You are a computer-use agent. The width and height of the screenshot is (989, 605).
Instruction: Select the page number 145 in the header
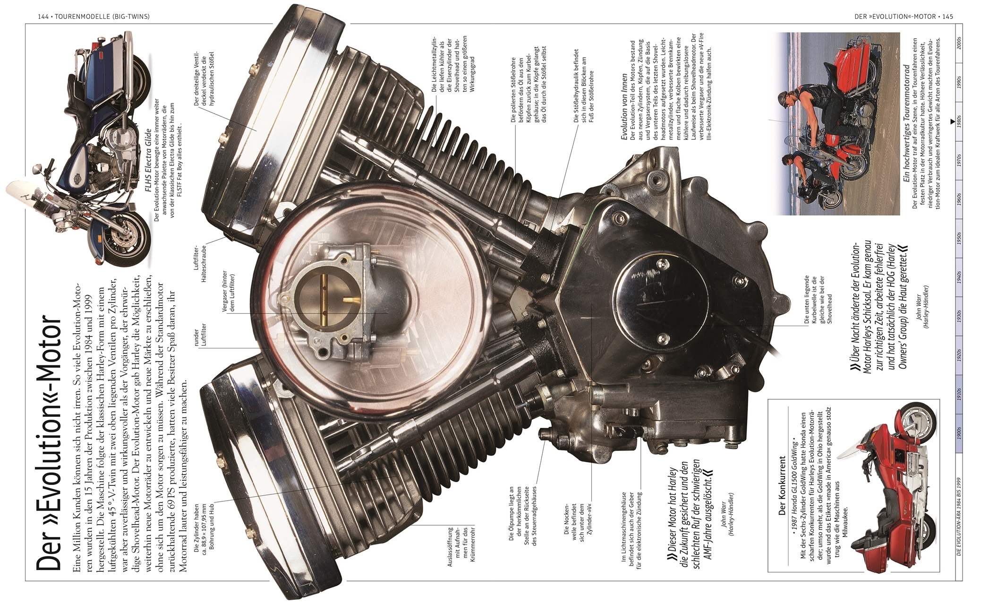click(947, 17)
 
